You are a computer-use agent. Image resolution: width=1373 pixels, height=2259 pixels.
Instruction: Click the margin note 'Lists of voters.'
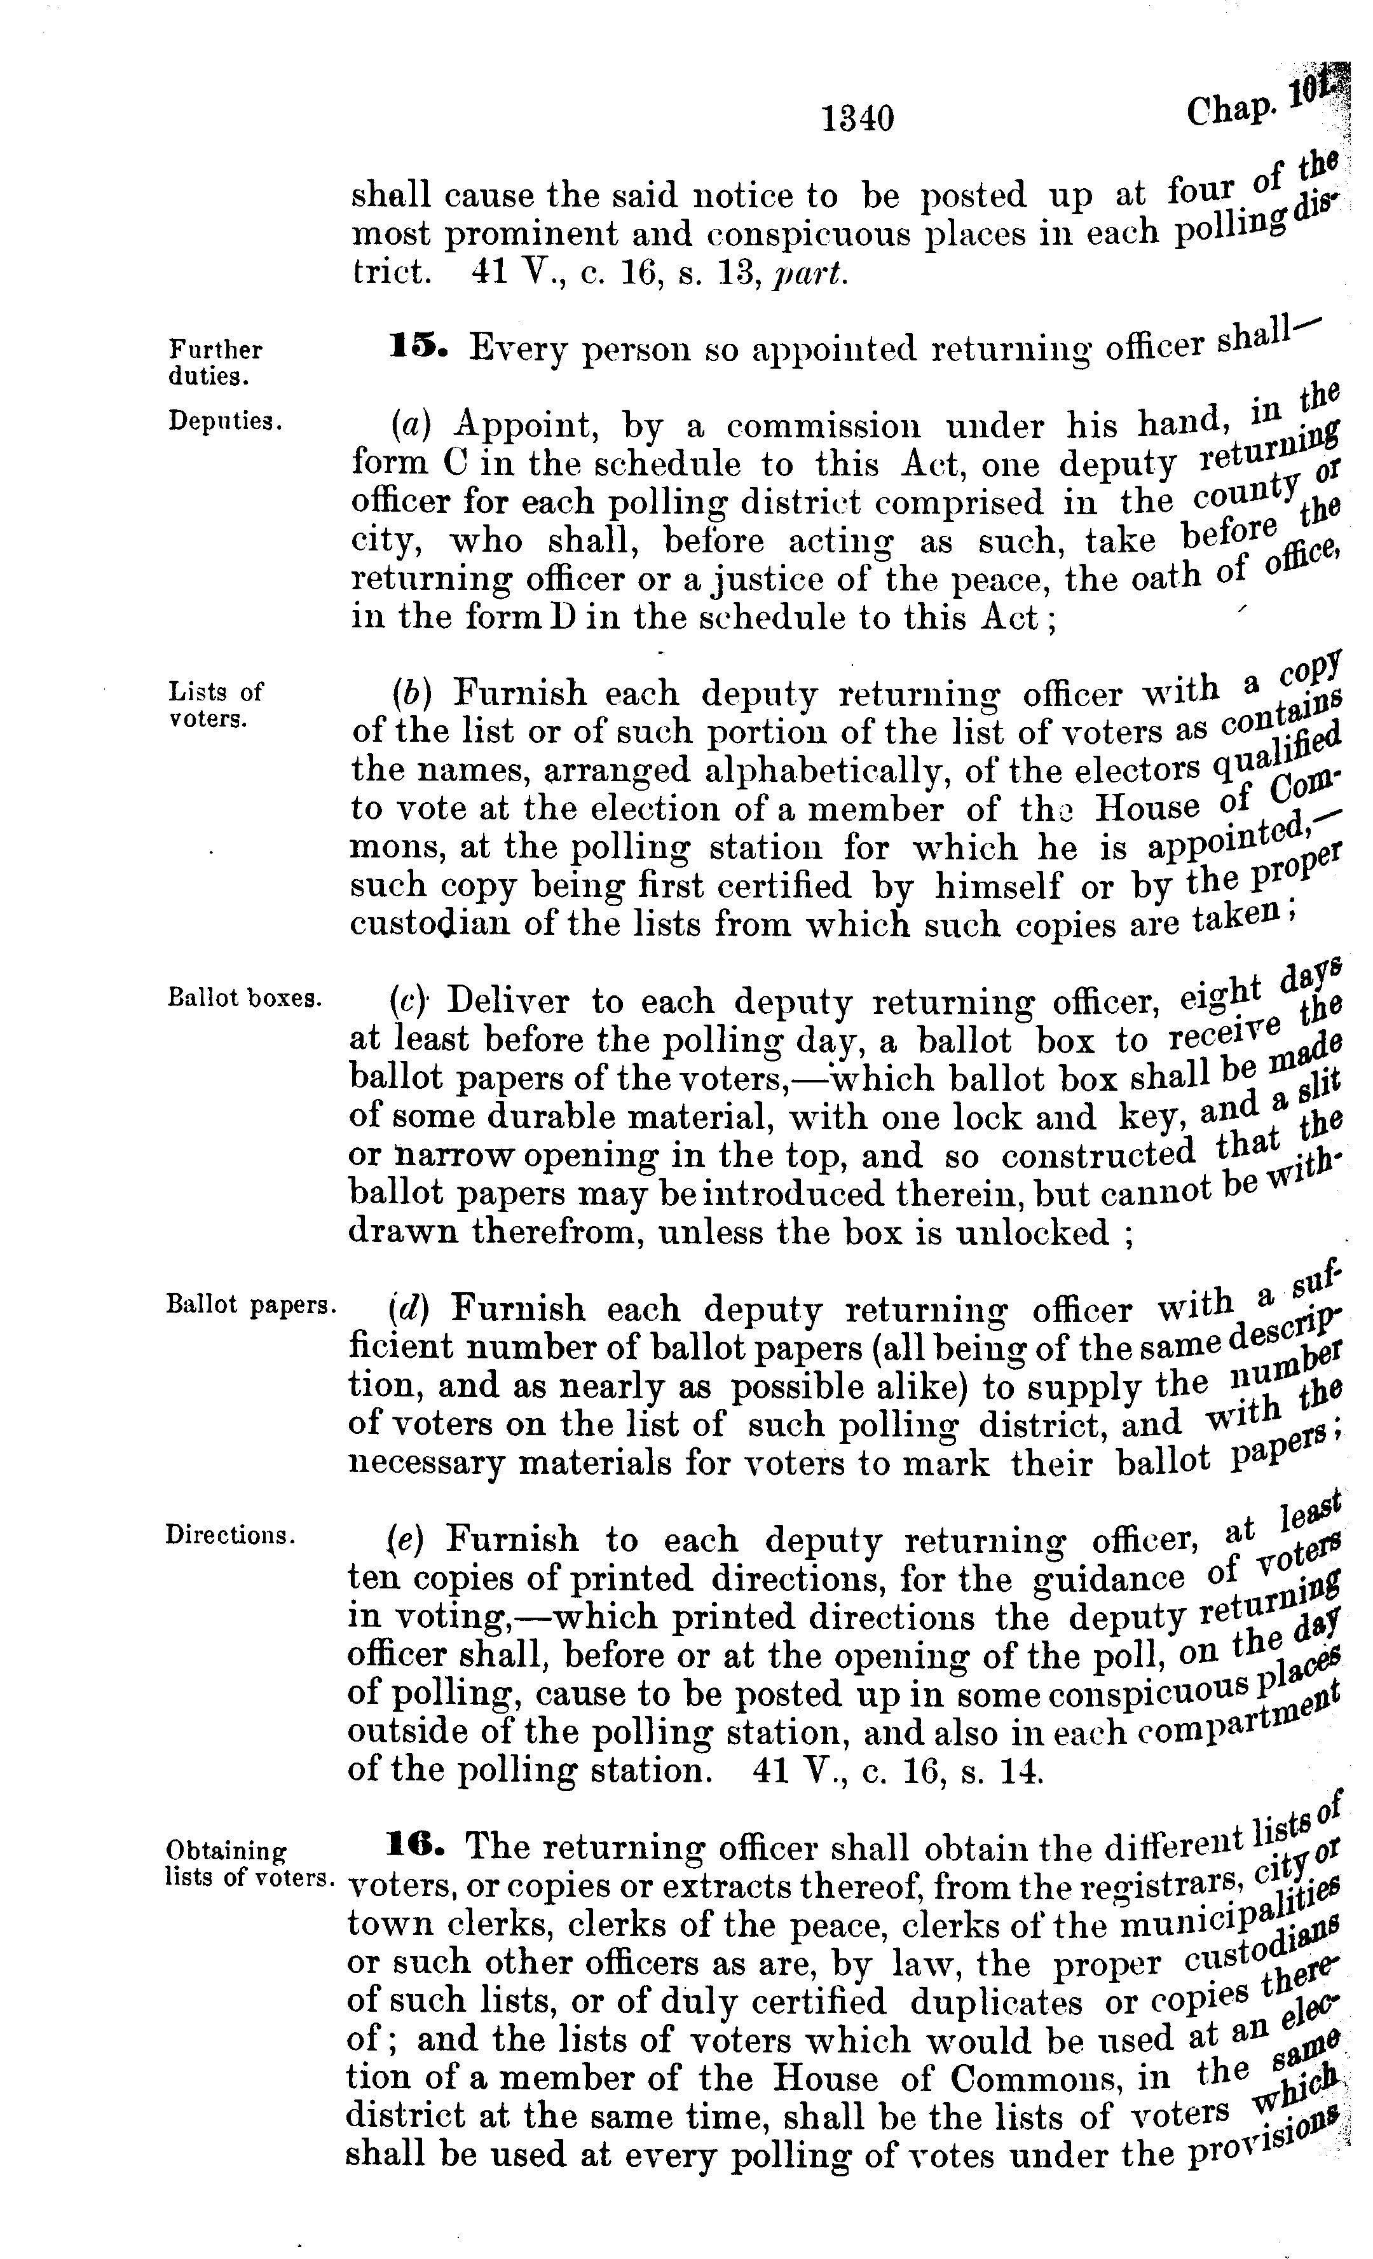(x=215, y=704)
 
